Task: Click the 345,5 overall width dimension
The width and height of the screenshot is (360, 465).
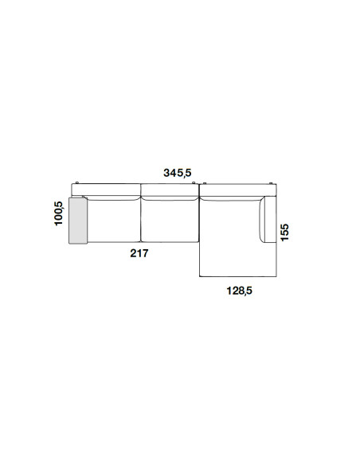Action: pyautogui.click(x=178, y=173)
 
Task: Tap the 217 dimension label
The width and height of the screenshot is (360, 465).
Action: pyautogui.click(x=139, y=253)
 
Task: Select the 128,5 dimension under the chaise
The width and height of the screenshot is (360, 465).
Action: pyautogui.click(x=239, y=291)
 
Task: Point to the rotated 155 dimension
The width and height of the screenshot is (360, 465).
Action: pyautogui.click(x=284, y=232)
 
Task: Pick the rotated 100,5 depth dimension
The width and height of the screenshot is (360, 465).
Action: pyautogui.click(x=59, y=213)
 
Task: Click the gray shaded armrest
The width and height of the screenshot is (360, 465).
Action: pyautogui.click(x=78, y=220)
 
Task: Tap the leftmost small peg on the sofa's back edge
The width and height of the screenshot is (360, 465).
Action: pyautogui.click(x=76, y=182)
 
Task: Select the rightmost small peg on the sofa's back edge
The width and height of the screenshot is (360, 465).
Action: pyautogui.click(x=271, y=182)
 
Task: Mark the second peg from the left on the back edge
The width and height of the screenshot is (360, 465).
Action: pyautogui.click(x=193, y=182)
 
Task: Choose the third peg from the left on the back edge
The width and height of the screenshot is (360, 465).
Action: pyautogui.click(x=205, y=182)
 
